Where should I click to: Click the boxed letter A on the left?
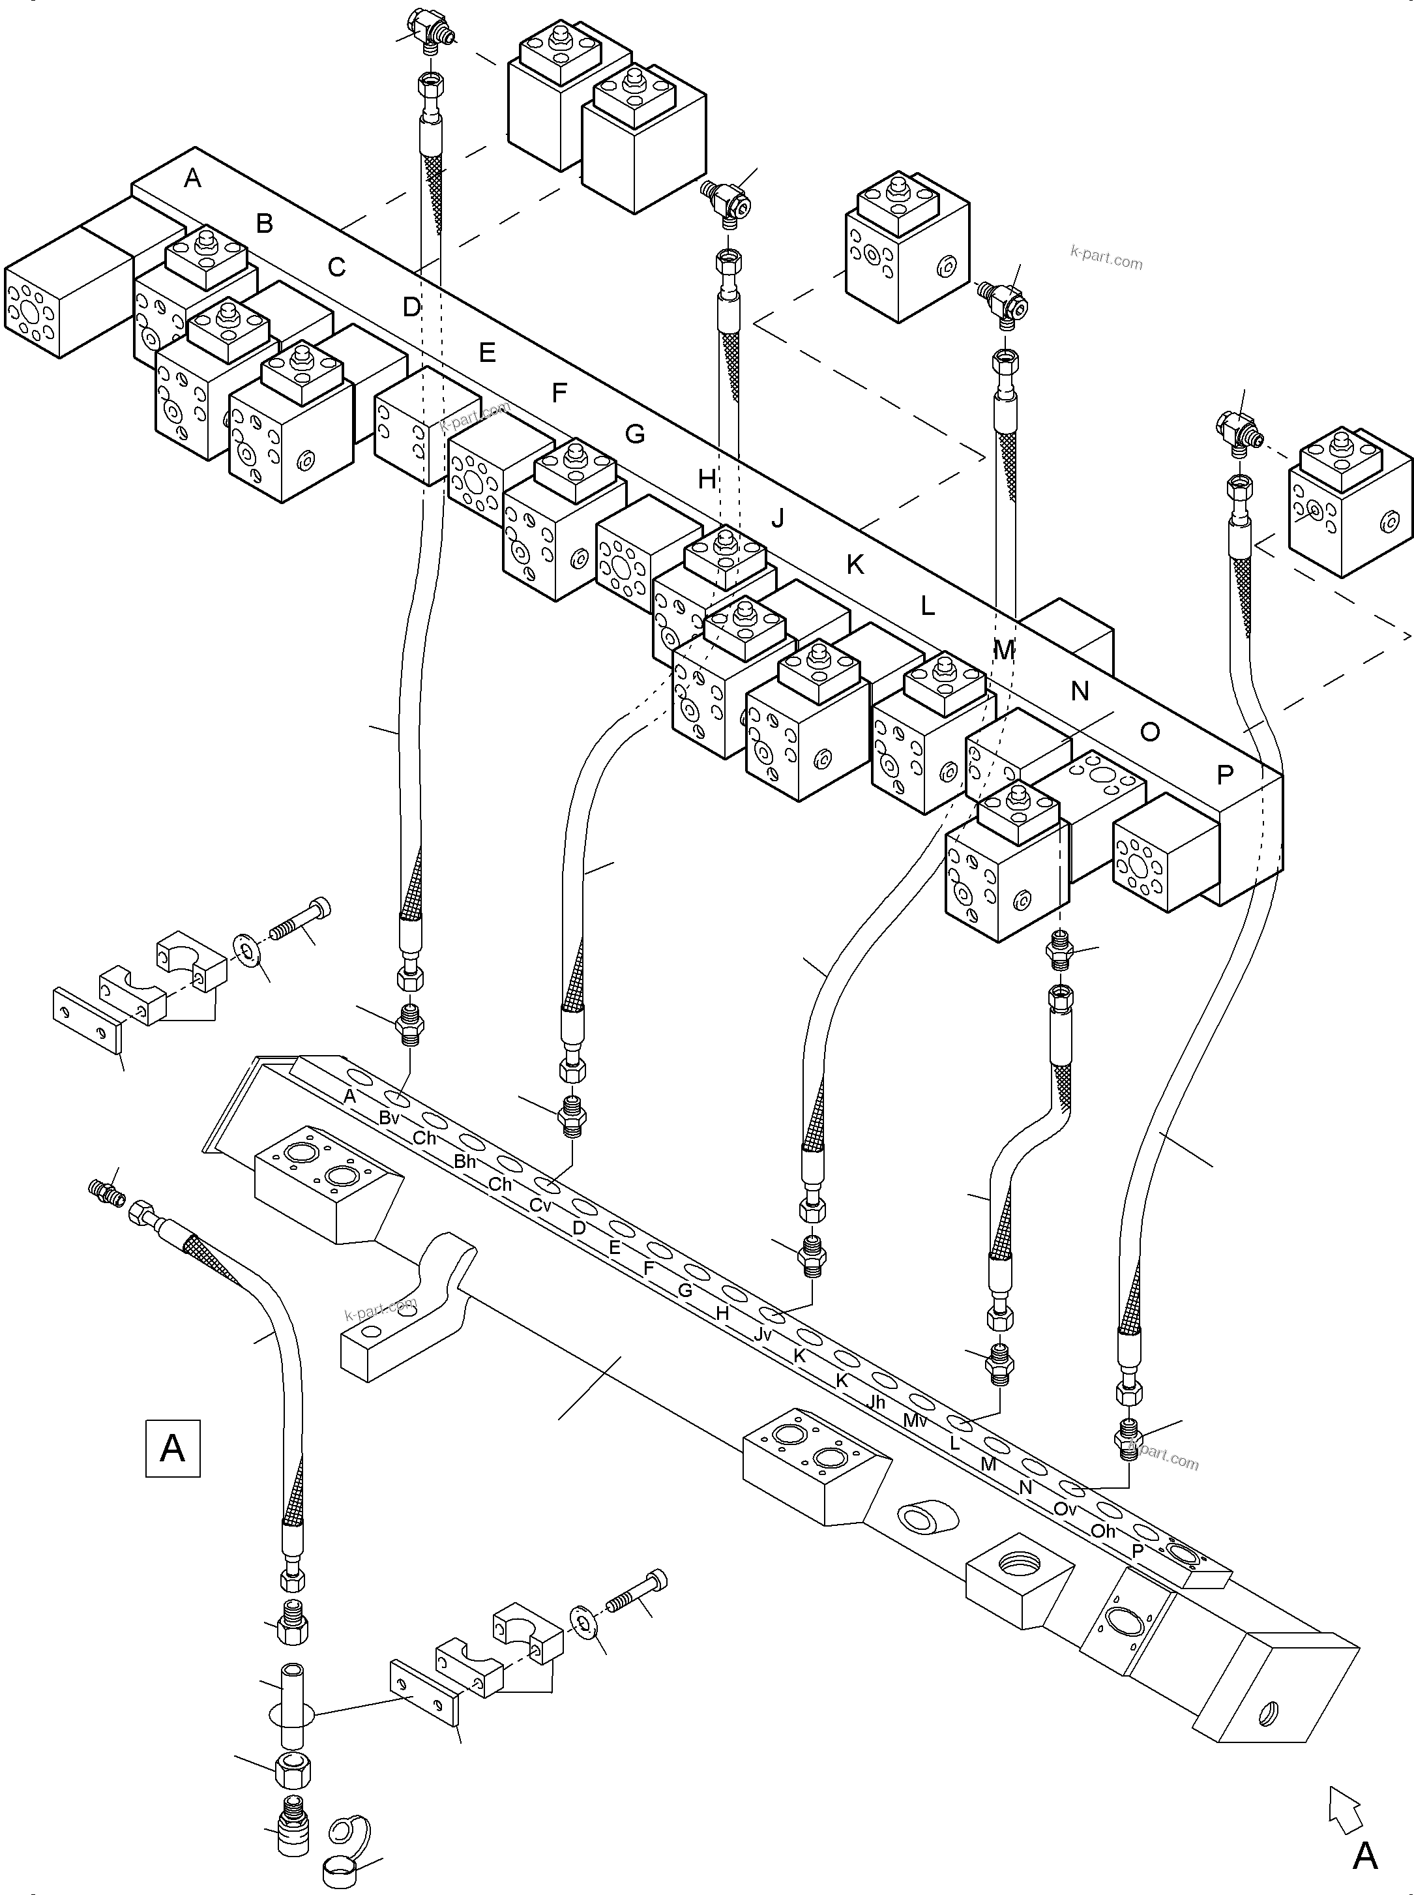click(173, 1448)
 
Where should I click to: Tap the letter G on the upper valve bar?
click(634, 434)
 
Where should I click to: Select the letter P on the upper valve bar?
click(1225, 775)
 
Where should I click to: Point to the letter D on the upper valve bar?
click(412, 306)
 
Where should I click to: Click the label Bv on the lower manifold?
click(389, 1118)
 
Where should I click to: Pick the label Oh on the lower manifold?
click(1103, 1530)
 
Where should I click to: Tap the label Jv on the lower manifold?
click(763, 1334)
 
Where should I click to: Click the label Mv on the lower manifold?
click(915, 1421)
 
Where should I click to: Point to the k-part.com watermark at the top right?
click(1106, 257)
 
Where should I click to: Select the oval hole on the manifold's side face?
click(920, 1517)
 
